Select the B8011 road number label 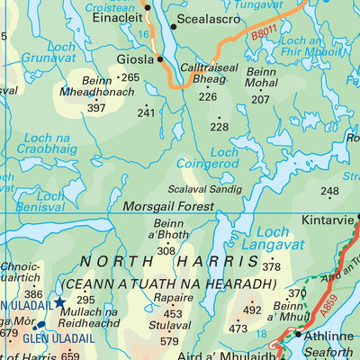(x=265, y=35)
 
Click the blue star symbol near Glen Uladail (x=60, y=302)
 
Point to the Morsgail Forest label (x=170, y=206)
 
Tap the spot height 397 (x=96, y=108)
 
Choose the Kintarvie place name (x=328, y=219)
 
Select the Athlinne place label (x=330, y=336)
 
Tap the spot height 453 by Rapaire (x=171, y=315)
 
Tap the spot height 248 (x=329, y=191)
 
